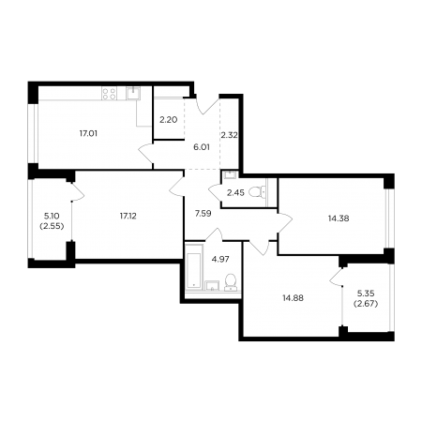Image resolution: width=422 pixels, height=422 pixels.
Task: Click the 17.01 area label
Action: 88,133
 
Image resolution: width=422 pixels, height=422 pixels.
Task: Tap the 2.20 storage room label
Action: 169,119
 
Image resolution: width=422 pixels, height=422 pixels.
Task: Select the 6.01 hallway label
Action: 202,147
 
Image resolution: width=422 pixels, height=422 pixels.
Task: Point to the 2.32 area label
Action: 229,135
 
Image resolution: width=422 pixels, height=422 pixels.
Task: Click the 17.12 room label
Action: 128,216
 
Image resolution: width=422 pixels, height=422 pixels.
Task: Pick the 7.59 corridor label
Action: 203,214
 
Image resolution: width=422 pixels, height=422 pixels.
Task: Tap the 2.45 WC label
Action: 235,192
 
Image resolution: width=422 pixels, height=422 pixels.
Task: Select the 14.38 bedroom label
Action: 339,219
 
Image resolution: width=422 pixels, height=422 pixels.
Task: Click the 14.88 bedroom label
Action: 293,298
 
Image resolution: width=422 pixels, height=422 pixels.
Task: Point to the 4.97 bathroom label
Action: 220,259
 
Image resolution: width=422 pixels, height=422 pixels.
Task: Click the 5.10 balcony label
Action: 52,216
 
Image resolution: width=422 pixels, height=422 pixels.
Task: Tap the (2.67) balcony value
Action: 366,304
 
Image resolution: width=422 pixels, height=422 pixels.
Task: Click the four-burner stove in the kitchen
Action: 109,94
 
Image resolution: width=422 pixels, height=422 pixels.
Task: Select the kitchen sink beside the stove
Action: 133,93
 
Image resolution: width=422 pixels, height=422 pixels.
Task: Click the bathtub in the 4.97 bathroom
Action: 194,266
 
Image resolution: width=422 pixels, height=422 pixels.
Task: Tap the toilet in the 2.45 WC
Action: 258,191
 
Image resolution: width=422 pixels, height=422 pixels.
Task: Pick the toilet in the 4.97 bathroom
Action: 231,282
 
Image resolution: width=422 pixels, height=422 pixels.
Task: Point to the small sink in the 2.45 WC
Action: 232,174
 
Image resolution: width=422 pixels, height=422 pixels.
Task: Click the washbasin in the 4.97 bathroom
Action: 212,286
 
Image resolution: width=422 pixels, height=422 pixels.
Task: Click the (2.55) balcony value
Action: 52,226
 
